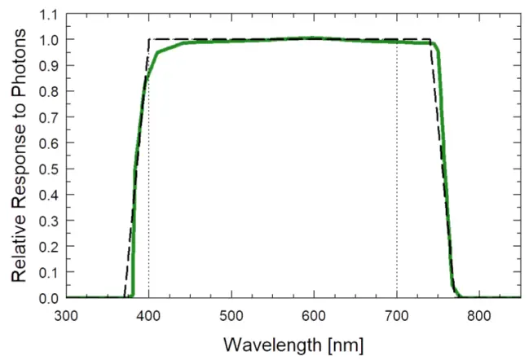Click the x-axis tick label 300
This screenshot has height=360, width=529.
(x=66, y=315)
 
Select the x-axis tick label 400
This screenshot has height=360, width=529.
(x=148, y=315)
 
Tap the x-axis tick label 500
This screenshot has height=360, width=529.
(x=231, y=315)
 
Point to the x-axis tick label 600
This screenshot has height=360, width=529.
(x=314, y=315)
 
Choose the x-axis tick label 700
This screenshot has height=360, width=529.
(x=397, y=315)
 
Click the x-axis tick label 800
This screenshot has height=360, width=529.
(x=479, y=315)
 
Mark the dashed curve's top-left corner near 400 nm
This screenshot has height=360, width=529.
(x=148, y=39)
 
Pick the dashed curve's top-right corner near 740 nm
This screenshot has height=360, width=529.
(x=430, y=39)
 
